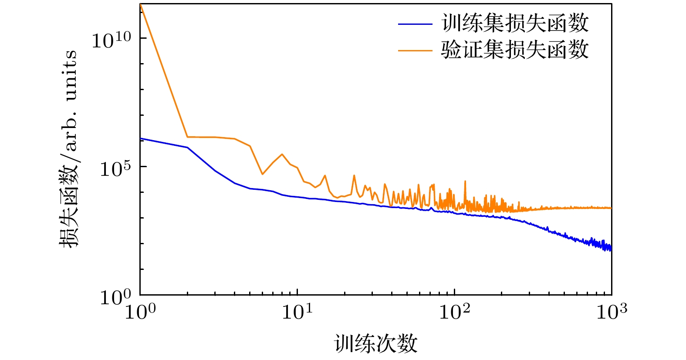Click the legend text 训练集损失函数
(515, 24)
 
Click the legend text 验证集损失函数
(515, 50)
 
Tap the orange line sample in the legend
(415, 50)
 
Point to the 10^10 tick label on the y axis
(111, 40)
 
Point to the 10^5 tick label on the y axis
(115, 168)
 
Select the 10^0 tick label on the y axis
(115, 297)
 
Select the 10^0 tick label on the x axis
(140, 311)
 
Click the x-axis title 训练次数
(376, 343)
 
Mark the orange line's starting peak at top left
(141, 4)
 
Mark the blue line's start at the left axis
(141, 138)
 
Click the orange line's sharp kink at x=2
(187, 137)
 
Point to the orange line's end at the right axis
(611, 208)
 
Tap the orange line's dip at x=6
(262, 174)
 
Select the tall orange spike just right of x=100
(465, 181)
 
